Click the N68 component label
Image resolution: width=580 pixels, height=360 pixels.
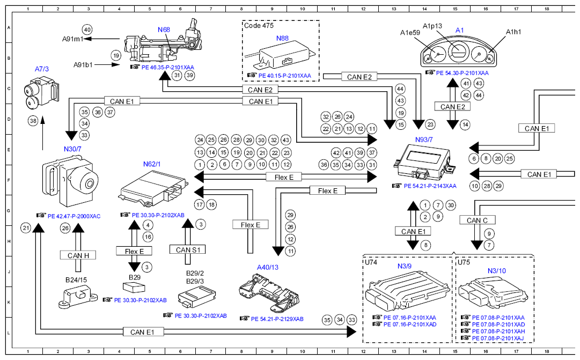(164, 30)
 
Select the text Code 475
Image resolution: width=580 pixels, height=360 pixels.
(260, 25)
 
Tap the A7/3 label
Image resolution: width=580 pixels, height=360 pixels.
(42, 69)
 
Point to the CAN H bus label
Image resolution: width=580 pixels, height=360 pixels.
(78, 255)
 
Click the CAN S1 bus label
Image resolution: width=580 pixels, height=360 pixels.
(188, 249)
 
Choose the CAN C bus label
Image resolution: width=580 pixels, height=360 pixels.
(477, 220)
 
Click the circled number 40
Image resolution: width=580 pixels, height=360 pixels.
(87, 30)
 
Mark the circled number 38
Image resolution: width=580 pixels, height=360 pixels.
(33, 121)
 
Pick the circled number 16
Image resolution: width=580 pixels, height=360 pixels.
(148, 237)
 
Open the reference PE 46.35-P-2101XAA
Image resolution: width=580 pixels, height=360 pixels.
(168, 68)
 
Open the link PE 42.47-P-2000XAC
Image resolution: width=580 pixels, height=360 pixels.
(74, 216)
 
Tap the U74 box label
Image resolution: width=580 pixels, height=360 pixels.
(371, 262)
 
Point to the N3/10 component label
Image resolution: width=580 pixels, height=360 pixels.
(496, 270)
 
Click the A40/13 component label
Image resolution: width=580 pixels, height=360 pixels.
(268, 267)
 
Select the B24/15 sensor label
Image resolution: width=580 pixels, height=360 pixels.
(76, 280)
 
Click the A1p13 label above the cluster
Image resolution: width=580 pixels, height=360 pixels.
(432, 26)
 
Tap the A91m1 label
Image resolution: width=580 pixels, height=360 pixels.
(72, 39)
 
